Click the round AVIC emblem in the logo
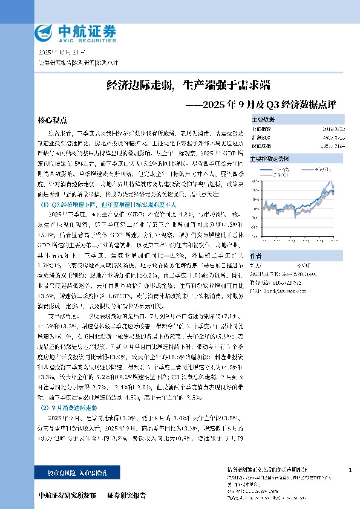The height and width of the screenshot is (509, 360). point(44,31)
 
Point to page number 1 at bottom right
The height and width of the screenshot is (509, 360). point(351,470)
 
